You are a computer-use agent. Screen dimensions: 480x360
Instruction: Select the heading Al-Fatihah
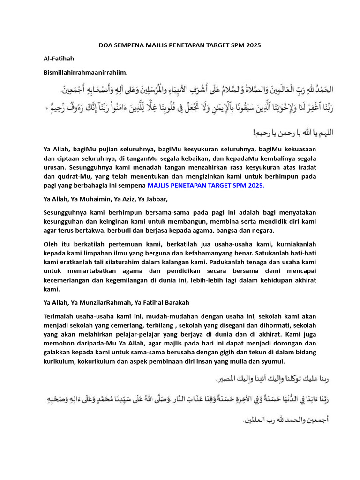tap(59, 59)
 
